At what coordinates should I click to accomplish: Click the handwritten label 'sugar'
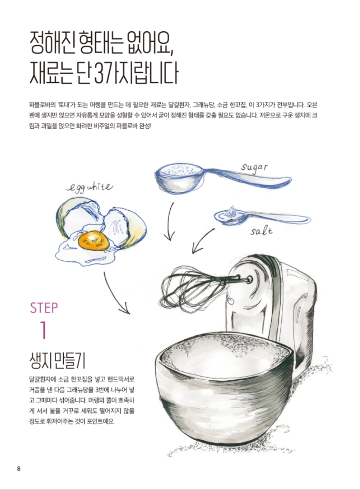pyautogui.click(x=255, y=168)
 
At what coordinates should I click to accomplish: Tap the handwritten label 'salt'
pyautogui.click(x=261, y=231)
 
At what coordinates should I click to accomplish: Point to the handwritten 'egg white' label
pyautogui.click(x=90, y=188)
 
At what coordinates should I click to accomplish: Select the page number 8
pyautogui.click(x=19, y=469)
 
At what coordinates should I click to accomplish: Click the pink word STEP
pyautogui.click(x=44, y=308)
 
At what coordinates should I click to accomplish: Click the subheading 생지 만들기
pyautogui.click(x=57, y=361)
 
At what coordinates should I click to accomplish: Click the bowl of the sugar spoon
pyautogui.click(x=180, y=179)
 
